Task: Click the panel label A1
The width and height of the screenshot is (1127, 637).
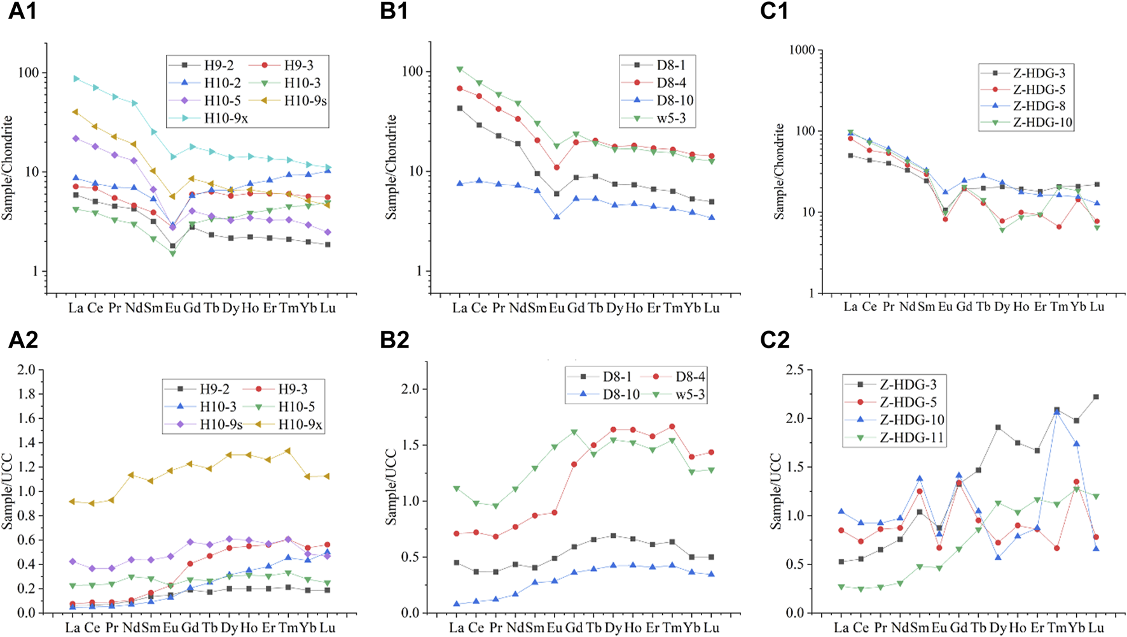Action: [22, 11]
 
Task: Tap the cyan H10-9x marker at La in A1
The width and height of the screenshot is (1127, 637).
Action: [76, 79]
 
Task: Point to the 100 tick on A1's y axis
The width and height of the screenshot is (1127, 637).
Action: [28, 73]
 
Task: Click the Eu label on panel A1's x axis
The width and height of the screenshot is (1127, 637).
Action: [172, 309]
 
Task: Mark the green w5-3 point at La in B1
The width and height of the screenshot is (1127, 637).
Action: [460, 69]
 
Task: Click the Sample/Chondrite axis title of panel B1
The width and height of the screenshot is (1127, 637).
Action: [392, 167]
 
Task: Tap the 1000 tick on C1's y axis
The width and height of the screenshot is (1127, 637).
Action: [801, 50]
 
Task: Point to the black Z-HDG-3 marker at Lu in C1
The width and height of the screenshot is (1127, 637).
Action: [1096, 185]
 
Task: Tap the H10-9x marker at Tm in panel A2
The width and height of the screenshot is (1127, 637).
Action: [287, 451]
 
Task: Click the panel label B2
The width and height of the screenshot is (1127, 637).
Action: [394, 340]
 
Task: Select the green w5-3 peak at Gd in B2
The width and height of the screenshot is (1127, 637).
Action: [574, 432]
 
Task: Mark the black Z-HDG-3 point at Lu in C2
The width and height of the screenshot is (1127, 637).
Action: [1096, 397]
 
